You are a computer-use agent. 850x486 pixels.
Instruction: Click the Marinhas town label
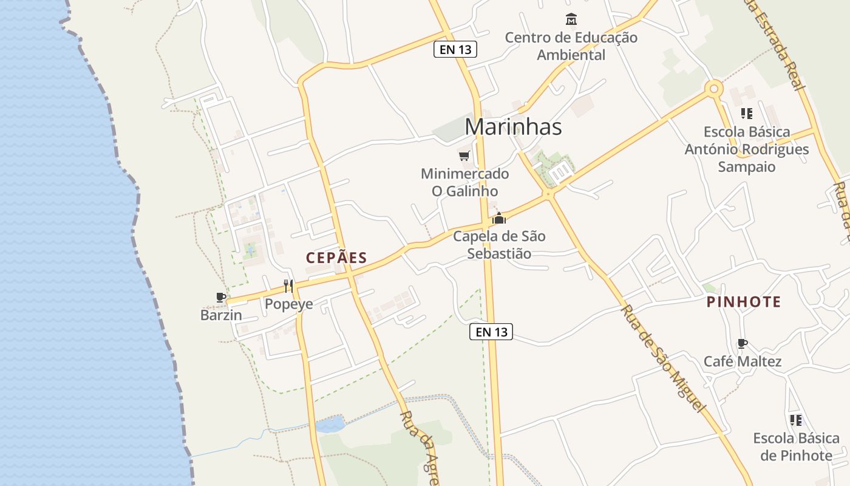[x=513, y=127]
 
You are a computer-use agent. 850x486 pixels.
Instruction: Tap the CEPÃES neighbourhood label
[x=337, y=258]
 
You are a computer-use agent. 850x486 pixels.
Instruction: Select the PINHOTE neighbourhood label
[x=744, y=302]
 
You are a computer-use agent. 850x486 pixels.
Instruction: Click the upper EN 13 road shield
[x=455, y=50]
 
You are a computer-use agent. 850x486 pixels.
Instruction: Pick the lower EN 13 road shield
[x=491, y=332]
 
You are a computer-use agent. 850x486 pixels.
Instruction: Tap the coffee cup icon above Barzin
[x=221, y=297]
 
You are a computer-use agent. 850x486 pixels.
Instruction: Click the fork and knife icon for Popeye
[x=288, y=286]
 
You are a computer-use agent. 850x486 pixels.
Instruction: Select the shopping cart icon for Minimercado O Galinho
[x=464, y=156]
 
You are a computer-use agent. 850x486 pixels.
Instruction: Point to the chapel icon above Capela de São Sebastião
[x=499, y=218]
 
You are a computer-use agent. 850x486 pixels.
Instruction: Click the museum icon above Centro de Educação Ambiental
[x=571, y=19]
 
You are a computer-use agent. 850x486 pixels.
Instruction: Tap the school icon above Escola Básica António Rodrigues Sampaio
[x=747, y=113]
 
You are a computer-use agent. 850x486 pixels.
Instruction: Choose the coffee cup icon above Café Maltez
[x=742, y=344]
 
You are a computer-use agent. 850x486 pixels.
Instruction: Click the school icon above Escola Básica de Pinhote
[x=796, y=420]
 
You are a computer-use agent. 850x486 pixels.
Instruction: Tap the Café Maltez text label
[x=743, y=362]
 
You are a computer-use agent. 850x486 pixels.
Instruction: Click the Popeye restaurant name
[x=289, y=304]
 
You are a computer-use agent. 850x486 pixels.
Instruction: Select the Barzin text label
[x=221, y=315]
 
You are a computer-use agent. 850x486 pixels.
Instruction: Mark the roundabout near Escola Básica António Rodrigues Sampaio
[x=714, y=89]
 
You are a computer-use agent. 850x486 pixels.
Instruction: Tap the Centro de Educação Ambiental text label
[x=571, y=46]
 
